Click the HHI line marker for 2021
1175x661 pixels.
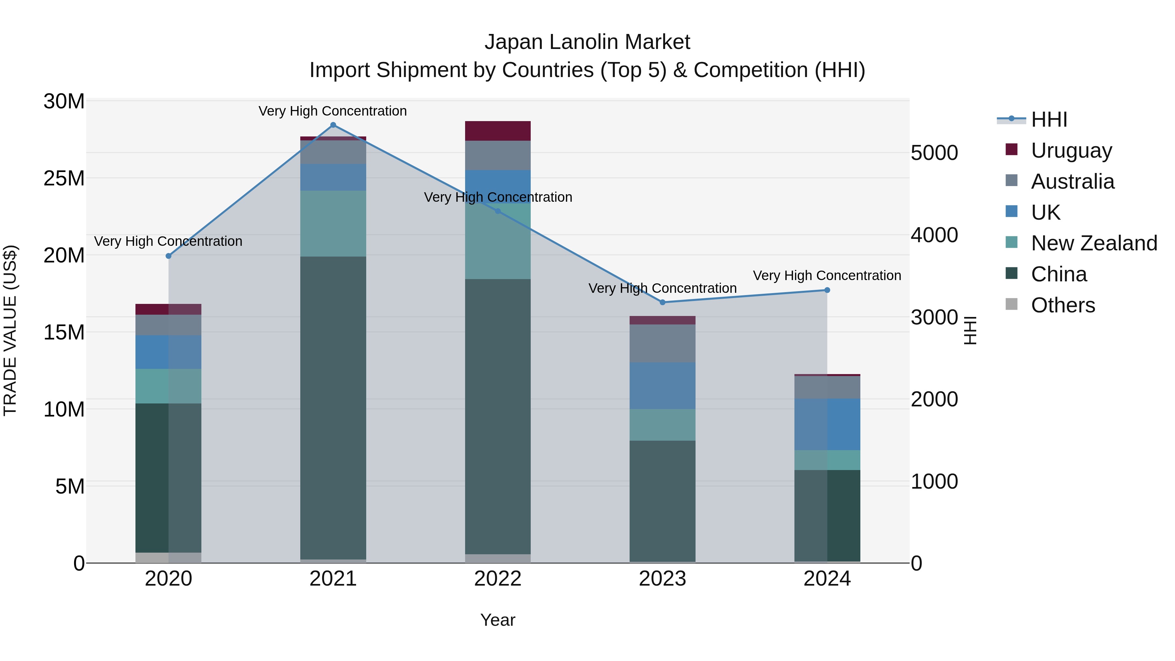point(333,125)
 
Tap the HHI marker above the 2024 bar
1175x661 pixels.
point(827,290)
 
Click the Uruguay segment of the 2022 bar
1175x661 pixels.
point(498,131)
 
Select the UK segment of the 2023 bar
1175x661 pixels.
point(662,386)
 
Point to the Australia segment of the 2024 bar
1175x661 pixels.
point(827,387)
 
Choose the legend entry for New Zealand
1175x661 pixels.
point(1094,243)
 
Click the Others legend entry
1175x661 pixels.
point(1063,305)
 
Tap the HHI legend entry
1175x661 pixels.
point(1049,119)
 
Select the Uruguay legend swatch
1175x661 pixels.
point(1011,150)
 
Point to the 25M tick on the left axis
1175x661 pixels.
point(64,178)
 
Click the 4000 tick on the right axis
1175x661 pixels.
point(934,235)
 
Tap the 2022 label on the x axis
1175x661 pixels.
point(498,579)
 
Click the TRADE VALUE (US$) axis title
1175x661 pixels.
point(10,330)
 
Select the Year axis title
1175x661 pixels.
point(498,620)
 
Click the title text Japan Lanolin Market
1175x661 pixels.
point(587,42)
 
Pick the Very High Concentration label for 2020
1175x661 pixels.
point(168,241)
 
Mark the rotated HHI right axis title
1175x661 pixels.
point(970,330)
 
